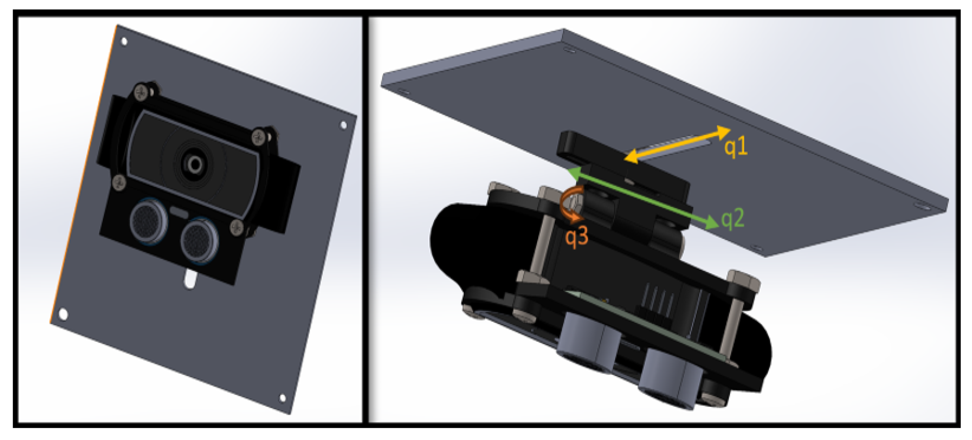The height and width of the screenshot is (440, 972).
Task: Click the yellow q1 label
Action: (x=736, y=147)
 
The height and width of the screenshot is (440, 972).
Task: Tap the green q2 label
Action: (x=733, y=219)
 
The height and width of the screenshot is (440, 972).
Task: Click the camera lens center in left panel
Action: (x=195, y=164)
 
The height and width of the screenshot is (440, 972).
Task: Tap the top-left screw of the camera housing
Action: (x=141, y=93)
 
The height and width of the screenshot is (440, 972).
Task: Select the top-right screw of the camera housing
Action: (x=259, y=137)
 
